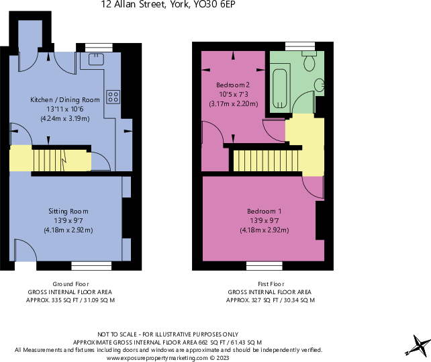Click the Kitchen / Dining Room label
click(64, 100)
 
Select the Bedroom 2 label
click(233, 85)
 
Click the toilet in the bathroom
click(309, 62)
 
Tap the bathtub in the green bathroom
click(279, 89)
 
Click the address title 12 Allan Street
click(168, 5)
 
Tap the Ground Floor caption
click(70, 284)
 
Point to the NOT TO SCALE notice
click(168, 334)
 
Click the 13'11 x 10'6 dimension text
click(64, 109)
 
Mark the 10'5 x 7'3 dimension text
click(233, 94)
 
